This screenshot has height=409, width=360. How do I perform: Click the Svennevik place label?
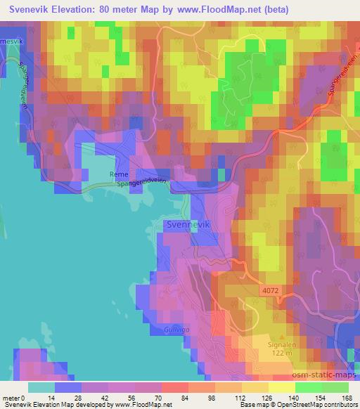(x=188, y=224)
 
